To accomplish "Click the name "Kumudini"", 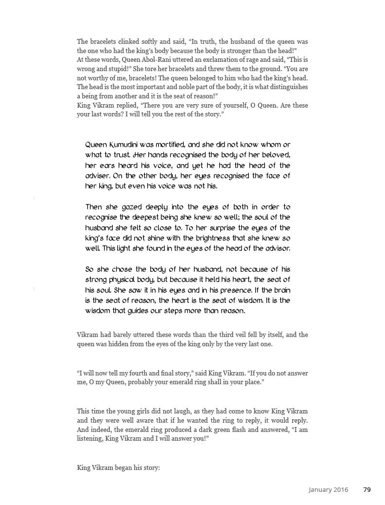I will (124, 145).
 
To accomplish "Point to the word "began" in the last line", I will (123, 468).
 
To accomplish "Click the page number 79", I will (367, 489).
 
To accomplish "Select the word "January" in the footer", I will (320, 489).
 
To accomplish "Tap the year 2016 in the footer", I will (341, 489).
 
